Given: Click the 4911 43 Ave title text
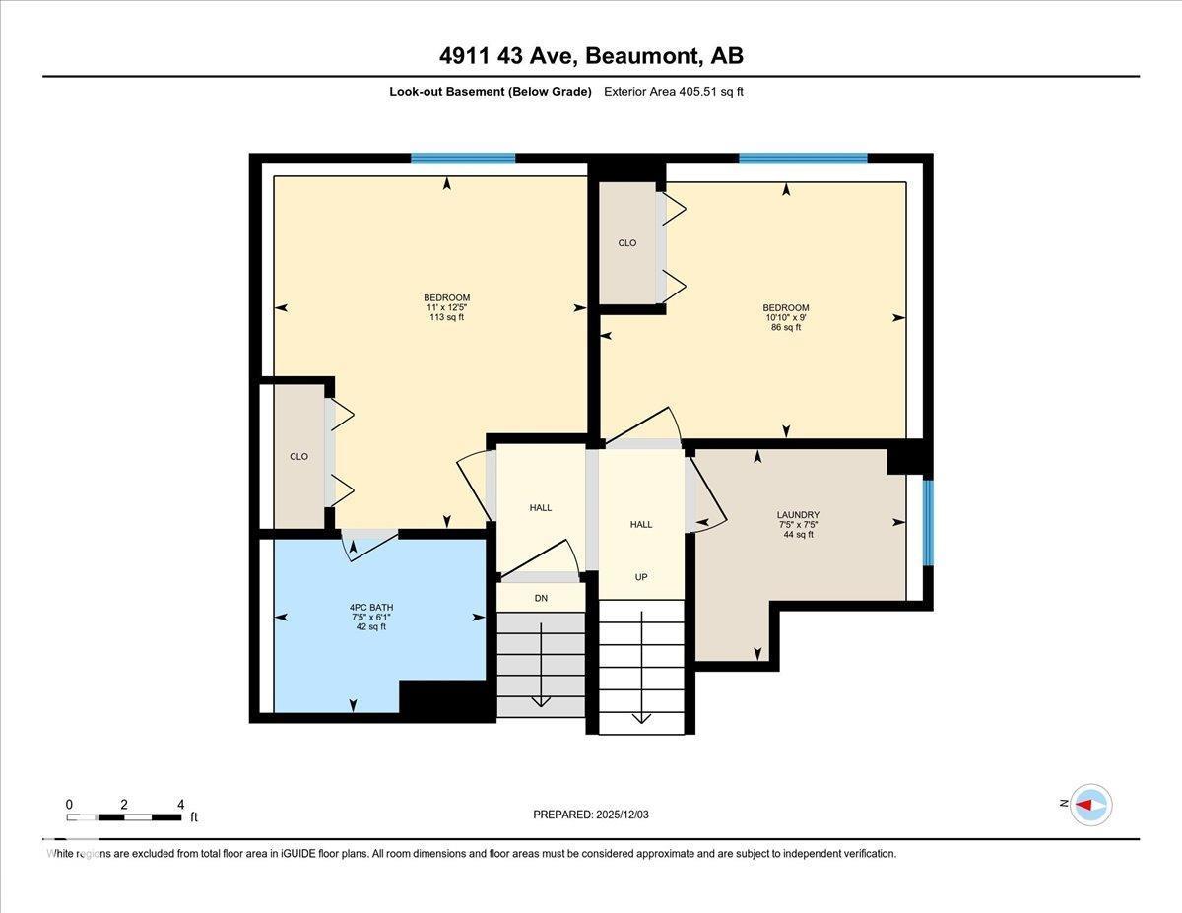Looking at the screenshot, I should [x=591, y=55].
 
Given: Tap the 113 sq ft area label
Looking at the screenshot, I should [x=446, y=317].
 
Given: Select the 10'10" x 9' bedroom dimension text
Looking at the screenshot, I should [x=785, y=317].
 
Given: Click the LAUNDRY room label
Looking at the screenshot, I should [x=798, y=515].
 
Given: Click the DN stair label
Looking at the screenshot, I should [x=541, y=598].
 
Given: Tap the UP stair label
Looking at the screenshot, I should [x=641, y=577].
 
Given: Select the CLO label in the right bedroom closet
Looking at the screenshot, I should [x=627, y=243].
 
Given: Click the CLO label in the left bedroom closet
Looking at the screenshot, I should [x=298, y=456].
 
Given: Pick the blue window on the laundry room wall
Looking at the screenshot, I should [x=928, y=521].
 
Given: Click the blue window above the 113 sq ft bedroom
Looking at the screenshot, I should [x=463, y=158].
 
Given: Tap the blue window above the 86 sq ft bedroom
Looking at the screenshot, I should [x=803, y=158].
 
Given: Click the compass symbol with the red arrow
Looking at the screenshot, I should [x=1090, y=804].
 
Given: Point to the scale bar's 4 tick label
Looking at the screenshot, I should [x=180, y=804].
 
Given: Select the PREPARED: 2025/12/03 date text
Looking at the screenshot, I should [x=591, y=815].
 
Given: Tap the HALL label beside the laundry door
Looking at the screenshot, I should [x=641, y=525].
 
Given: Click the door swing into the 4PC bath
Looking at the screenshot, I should [x=369, y=544].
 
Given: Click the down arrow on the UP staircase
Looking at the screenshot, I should [x=641, y=714].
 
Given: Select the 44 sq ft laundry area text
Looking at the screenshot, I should [x=798, y=535].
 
